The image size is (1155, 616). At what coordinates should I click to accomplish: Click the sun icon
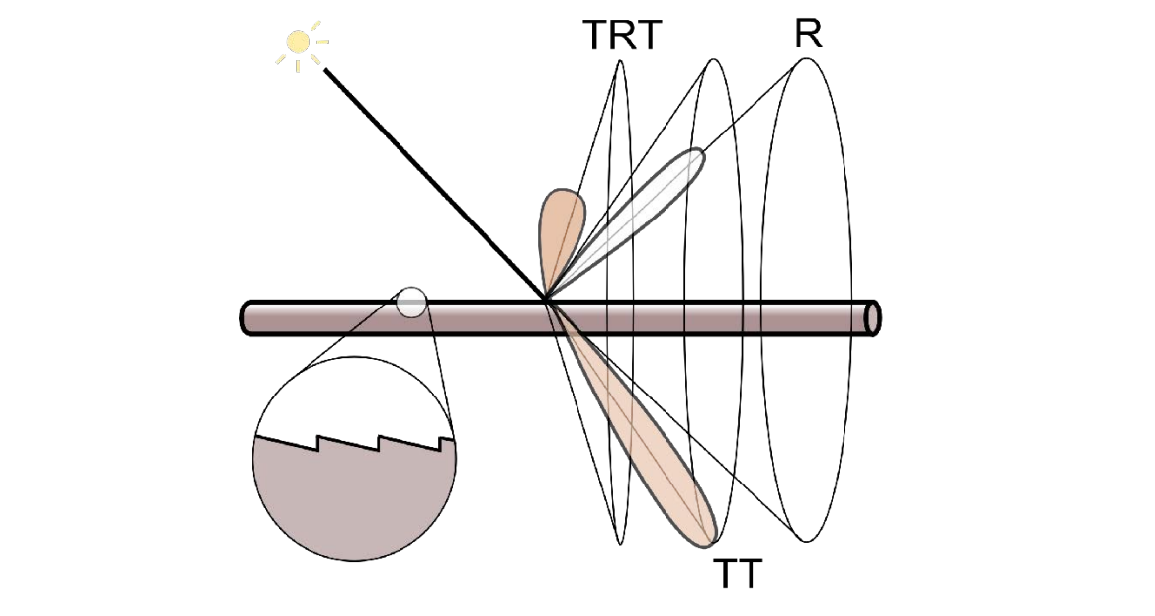pos(299,43)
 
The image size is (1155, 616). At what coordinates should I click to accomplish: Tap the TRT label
pos(621,37)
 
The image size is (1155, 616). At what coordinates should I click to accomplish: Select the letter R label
pos(808,34)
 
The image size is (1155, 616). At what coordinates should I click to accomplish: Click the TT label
pos(739,572)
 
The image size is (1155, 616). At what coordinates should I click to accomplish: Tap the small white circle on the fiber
pos(411,302)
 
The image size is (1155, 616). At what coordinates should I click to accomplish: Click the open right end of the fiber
pos(872,317)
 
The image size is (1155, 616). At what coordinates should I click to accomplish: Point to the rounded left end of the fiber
pos(247,317)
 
